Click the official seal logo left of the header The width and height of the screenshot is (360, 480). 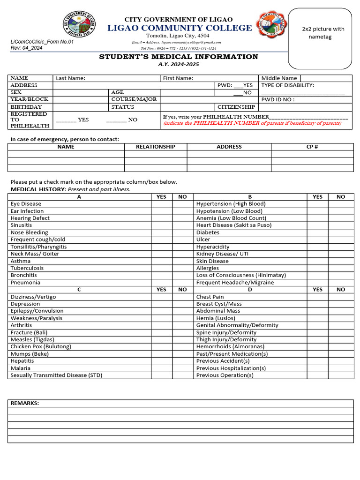click(78, 25)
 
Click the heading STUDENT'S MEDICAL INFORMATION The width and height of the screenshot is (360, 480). click(178, 57)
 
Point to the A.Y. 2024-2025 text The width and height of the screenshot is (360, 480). click(179, 64)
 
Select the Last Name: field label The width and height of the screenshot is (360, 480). click(70, 78)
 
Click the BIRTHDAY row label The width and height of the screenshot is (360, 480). click(26, 107)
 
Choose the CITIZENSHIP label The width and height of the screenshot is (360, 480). click(236, 107)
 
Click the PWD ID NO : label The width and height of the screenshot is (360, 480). click(277, 100)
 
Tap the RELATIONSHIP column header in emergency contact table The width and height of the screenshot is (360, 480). click(156, 147)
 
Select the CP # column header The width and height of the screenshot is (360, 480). click(312, 147)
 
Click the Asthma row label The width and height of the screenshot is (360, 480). click(21, 261)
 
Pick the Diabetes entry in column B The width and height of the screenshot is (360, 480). click(208, 232)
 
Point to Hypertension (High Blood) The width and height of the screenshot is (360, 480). click(231, 204)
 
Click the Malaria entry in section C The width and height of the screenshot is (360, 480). click(21, 368)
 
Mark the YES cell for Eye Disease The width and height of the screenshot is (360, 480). click(161, 204)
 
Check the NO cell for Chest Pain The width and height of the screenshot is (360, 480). click(341, 297)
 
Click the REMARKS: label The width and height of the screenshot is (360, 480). click(25, 403)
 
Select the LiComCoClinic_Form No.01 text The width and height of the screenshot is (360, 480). click(42, 42)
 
